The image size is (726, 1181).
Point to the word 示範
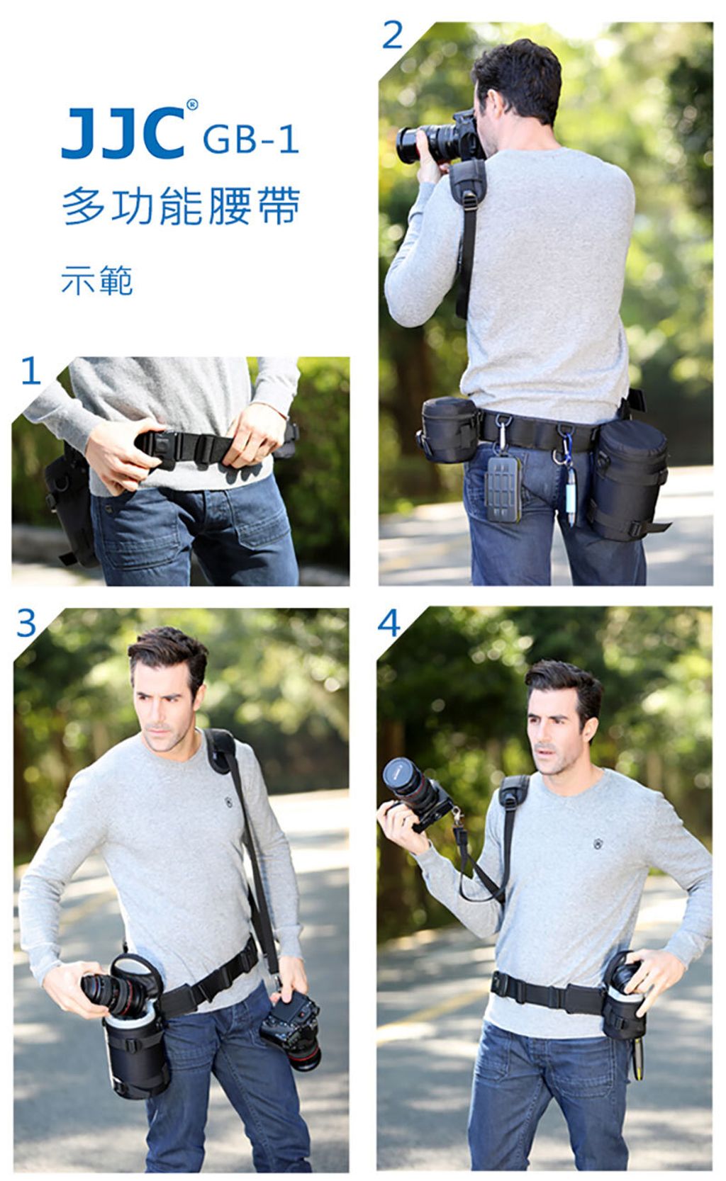pos(96,280)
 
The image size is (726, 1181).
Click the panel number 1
pos(30,371)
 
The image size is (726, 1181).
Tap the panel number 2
pos(392,35)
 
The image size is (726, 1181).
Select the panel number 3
pos(26,623)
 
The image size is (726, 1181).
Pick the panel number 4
pos(389,623)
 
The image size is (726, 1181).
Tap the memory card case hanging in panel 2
pos(503,487)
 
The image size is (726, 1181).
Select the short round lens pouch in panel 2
pos(449,430)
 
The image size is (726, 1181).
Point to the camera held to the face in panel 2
pos(439,139)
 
